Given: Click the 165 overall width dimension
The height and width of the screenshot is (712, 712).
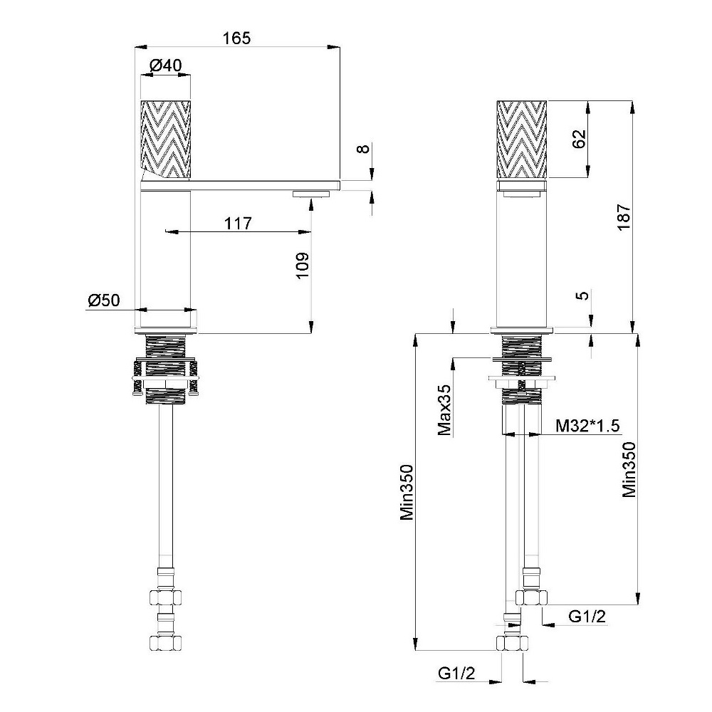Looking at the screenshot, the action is tap(236, 38).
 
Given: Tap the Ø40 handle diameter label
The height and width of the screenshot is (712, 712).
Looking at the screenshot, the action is tap(166, 66).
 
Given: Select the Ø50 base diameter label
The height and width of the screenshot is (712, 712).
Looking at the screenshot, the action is tap(104, 300).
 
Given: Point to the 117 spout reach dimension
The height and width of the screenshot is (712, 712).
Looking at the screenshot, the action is tap(238, 224).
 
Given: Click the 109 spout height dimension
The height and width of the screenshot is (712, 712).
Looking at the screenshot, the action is tap(303, 266).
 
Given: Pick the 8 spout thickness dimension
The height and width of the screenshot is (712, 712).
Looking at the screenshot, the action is tap(364, 149).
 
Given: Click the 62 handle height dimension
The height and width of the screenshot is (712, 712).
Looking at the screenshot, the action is tap(579, 139).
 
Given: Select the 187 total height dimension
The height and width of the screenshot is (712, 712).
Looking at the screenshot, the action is tap(624, 217).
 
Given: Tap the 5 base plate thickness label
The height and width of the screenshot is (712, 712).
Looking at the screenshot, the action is tap(585, 295).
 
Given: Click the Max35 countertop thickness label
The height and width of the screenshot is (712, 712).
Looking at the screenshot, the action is tap(445, 410).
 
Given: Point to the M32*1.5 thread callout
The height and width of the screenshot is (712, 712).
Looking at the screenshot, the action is tap(588, 426).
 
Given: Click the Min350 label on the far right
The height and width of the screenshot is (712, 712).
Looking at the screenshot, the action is tap(629, 469).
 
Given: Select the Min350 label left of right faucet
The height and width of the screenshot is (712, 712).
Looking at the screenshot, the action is tap(407, 492).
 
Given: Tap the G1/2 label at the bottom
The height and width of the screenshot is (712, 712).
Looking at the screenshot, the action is tap(457, 673).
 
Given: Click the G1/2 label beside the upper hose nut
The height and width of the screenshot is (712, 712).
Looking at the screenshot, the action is tap(587, 616).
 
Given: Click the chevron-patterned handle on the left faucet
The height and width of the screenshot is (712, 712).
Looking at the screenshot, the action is tap(166, 139).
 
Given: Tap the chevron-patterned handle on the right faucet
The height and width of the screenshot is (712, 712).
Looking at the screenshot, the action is tap(522, 139).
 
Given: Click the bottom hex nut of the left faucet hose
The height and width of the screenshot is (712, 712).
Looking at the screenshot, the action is tap(166, 642).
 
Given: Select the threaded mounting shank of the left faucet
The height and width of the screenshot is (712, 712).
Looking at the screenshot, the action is tap(166, 369).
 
